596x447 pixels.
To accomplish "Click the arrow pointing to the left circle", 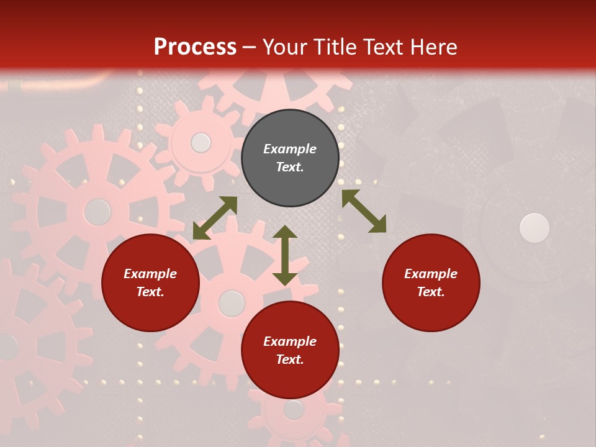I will click(x=215, y=218).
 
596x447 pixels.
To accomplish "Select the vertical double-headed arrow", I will click(x=285, y=255).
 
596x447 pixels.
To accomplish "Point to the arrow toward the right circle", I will click(x=364, y=211).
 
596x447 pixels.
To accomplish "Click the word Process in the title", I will click(x=195, y=47).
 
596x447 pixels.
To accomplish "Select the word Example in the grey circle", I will click(x=290, y=149).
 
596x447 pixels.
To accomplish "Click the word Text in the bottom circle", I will click(x=290, y=359).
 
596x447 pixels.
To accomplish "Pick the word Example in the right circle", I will click(x=431, y=274).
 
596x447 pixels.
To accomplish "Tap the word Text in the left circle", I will click(x=150, y=292).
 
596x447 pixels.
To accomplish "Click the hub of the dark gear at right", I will click(x=534, y=228).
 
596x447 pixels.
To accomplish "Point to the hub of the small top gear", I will click(x=201, y=143).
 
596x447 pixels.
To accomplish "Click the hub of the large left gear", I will click(x=97, y=212).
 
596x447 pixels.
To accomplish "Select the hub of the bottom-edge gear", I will click(x=293, y=410).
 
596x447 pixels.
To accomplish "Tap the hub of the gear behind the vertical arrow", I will click(x=232, y=303).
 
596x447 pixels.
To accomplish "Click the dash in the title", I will click(x=250, y=47).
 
